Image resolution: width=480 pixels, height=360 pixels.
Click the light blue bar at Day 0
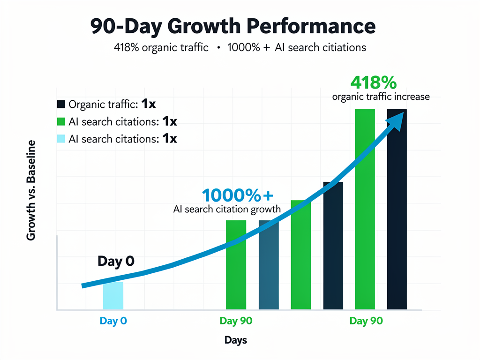point(113,295)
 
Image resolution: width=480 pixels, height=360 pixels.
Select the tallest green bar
point(365,210)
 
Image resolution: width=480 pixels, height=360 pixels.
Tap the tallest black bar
point(397,210)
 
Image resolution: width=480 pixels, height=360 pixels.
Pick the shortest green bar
point(236,265)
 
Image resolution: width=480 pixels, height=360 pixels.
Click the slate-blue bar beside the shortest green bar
point(269,265)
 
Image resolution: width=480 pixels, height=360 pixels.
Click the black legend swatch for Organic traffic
point(61,104)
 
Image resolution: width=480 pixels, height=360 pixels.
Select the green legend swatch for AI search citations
point(61,121)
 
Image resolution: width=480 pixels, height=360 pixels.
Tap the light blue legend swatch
point(61,139)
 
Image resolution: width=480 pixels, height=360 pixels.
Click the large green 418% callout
point(374,82)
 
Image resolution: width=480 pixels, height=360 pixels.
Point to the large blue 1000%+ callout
point(237,195)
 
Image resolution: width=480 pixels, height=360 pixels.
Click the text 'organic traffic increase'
point(381,97)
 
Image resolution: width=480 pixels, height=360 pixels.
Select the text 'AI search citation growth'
point(227,209)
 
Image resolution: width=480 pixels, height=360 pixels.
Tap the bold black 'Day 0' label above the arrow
point(116,261)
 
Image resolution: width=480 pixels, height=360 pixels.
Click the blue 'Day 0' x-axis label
point(113,321)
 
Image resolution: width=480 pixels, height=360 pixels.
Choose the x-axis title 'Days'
point(236,340)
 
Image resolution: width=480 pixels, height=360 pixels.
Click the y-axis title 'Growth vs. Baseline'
point(31,190)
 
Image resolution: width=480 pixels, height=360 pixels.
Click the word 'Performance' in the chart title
point(311,26)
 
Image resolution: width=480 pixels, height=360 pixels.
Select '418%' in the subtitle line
point(126,47)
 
